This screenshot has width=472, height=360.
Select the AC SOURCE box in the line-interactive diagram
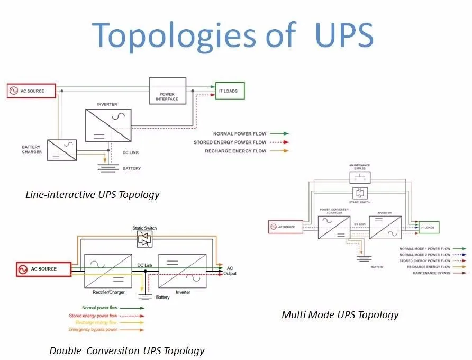32,91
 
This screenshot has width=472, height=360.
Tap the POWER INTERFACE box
167,91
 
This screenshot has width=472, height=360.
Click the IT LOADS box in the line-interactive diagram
230,91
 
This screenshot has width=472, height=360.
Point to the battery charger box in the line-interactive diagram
62,150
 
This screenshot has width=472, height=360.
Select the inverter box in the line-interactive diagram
108,125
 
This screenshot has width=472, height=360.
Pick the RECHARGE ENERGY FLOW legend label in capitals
235,151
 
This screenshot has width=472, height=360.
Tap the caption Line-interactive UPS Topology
92,194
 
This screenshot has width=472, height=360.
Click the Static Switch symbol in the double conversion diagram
144,240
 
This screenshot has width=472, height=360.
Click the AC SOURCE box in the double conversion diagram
44,269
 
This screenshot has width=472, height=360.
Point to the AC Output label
230,271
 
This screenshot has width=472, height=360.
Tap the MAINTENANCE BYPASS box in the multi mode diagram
360,177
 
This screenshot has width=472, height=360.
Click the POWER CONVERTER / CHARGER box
334,224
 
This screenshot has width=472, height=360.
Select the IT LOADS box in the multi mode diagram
429,227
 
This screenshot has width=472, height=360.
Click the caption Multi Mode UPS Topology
340,314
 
